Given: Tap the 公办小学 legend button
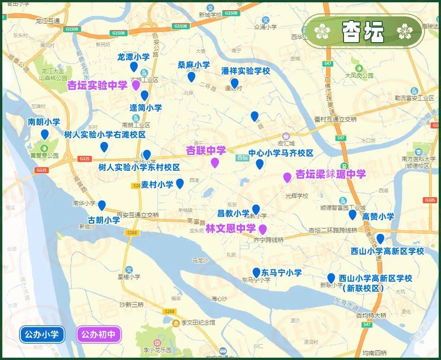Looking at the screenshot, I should pos(42,334).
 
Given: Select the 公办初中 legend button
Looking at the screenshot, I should pos(99,334).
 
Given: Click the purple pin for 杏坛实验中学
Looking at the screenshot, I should pos(136,85).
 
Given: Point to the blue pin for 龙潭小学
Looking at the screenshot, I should pos(134,67).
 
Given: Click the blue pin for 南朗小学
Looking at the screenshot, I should pos(45,135).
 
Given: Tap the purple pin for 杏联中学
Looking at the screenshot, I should pos(215,162).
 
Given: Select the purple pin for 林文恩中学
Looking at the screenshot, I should pos(263,229).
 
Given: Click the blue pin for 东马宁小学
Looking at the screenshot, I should pos(256,273).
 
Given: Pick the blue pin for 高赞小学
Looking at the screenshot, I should pos(353,214).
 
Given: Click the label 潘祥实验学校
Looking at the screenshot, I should pos(246,71).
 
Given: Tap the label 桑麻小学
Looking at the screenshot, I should pos(194,65).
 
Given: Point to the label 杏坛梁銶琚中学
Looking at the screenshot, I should pos(331,174).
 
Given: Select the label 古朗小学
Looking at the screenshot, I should pos(104,220).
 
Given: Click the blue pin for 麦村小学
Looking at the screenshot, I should pos(180,184).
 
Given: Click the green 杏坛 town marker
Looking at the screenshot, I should pos(243,157).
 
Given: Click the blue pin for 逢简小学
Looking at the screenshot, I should pos(145,96).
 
